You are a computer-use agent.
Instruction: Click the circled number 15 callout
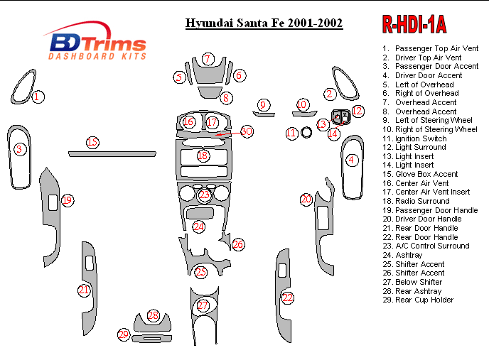(92, 143)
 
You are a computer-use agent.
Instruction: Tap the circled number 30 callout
(247, 131)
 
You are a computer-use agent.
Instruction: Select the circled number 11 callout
(291, 133)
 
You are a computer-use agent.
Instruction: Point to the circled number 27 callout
(203, 305)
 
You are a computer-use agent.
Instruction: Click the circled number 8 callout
(226, 98)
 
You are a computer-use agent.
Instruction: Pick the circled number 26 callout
(238, 244)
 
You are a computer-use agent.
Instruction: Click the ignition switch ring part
(306, 133)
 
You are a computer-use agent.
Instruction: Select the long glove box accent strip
(112, 154)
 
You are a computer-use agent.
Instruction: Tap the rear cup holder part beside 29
(152, 339)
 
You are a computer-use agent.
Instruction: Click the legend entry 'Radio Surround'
(417, 201)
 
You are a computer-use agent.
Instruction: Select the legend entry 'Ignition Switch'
(415, 138)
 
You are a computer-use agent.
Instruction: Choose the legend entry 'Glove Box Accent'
(420, 174)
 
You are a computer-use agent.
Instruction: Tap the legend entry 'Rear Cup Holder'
(418, 300)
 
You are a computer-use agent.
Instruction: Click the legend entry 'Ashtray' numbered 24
(402, 255)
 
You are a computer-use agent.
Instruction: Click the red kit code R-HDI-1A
(414, 24)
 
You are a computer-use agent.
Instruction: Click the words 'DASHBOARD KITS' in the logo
(97, 56)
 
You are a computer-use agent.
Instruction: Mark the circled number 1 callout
(38, 97)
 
